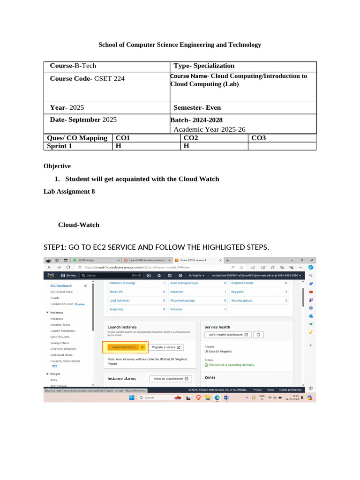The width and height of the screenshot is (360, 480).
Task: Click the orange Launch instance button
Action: tap(120, 347)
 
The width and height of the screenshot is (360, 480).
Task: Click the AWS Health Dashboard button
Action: tap(228, 335)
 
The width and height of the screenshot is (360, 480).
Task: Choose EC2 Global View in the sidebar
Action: tap(61, 292)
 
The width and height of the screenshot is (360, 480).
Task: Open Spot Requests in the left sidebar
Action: tap(60, 337)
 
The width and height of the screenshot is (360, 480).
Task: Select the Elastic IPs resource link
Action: tap(116, 292)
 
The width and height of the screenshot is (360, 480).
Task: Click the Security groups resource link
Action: tap(241, 300)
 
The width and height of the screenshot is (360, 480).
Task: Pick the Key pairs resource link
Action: tap(237, 292)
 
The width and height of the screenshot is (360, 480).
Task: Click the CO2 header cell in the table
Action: tap(190, 138)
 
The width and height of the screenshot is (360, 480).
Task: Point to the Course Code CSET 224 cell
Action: tap(88, 79)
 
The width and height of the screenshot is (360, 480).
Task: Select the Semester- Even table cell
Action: tap(197, 107)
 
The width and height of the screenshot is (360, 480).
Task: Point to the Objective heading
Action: tap(57, 166)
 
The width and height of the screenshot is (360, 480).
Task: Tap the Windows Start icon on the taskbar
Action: tap(132, 397)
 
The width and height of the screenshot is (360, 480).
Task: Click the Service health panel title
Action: tap(217, 327)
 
